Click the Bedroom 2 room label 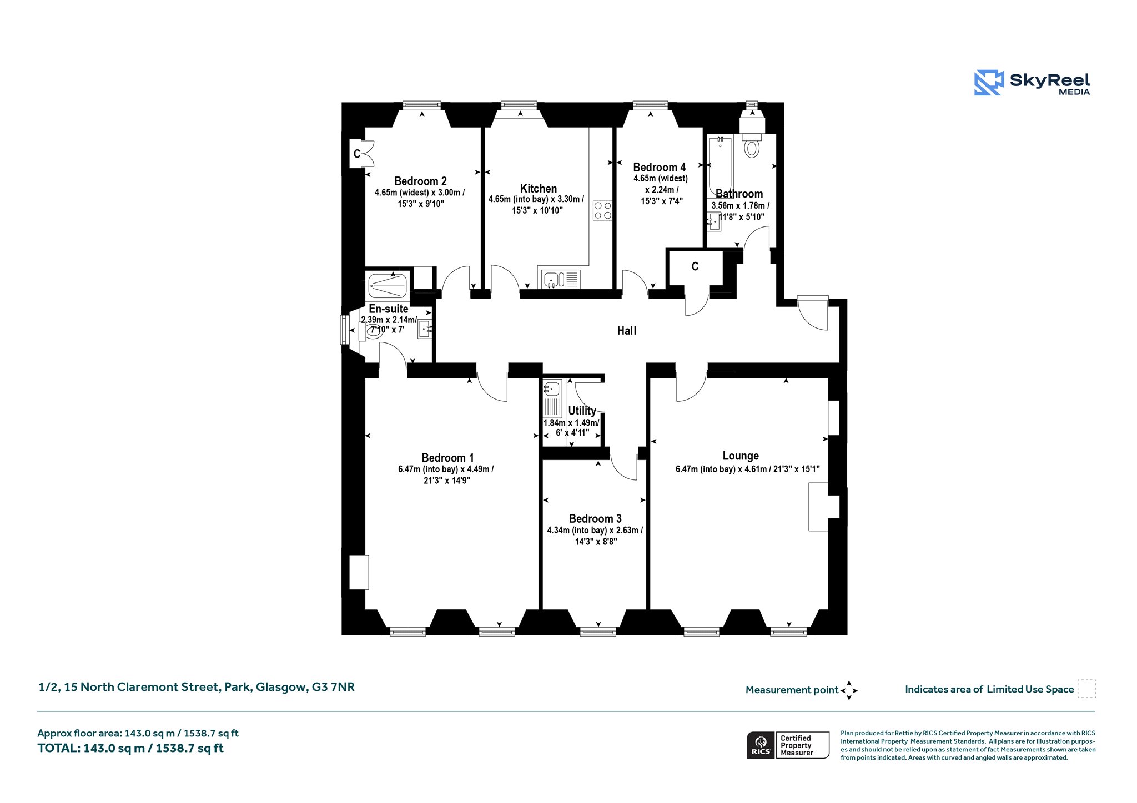420,181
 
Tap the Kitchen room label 538,188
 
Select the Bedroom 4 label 660,167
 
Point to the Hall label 627,331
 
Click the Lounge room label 741,456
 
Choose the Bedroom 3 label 595,518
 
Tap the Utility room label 582,411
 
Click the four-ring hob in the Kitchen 602,210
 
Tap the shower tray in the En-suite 388,285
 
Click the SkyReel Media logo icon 989,83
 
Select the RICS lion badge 761,745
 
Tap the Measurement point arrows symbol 849,690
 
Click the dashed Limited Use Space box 1086,689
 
